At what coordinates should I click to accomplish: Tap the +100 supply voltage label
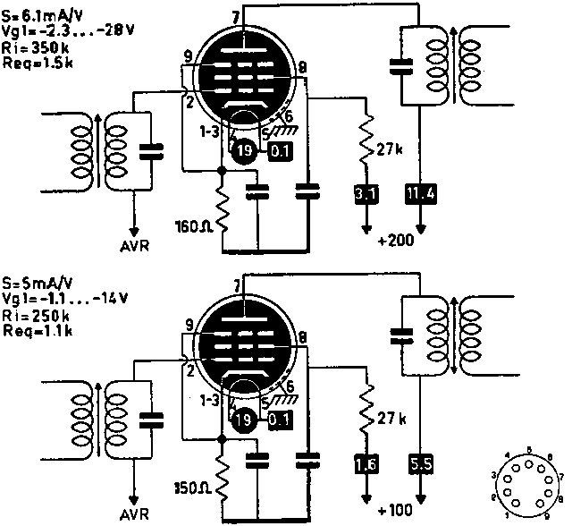coord(394,511)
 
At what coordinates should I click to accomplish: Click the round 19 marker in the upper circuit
coord(244,151)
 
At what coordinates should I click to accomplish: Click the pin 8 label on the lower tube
coord(304,337)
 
